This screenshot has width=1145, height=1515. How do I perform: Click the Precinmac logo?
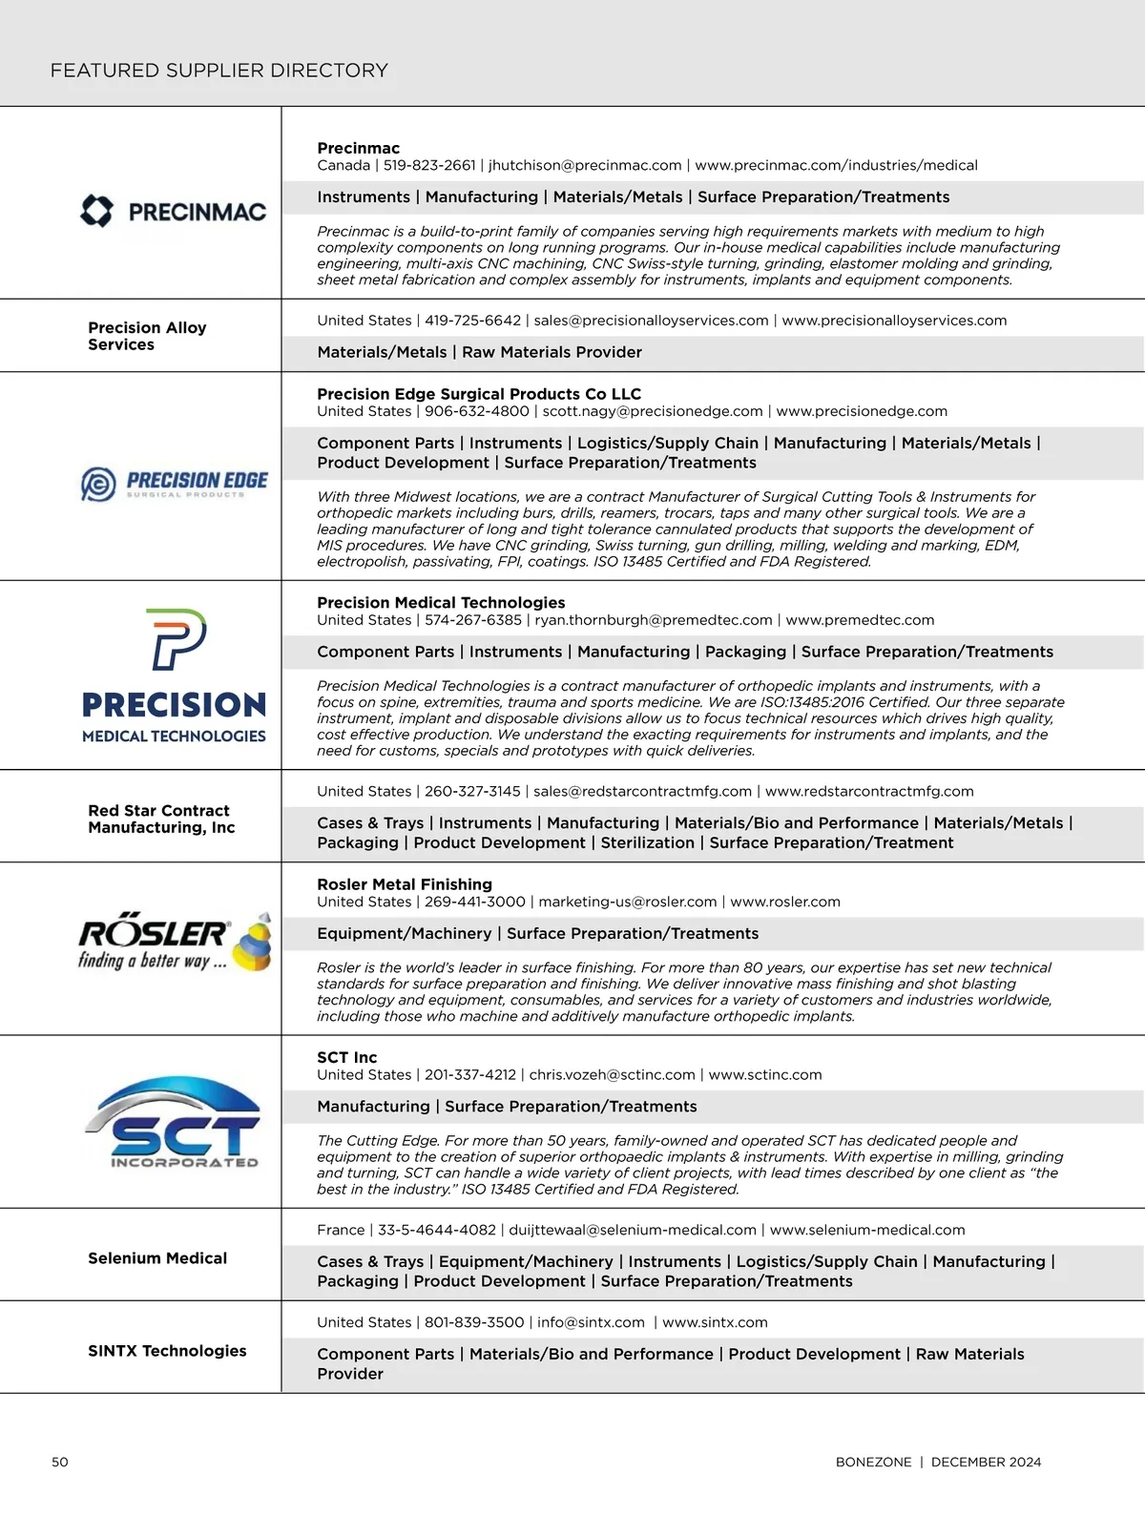coord(174,211)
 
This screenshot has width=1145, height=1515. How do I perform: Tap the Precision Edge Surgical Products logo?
coord(175,484)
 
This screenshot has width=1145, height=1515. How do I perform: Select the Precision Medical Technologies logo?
coord(174,675)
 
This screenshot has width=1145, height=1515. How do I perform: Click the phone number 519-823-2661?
coord(429,165)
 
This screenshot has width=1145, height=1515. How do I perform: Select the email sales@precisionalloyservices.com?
coord(651,321)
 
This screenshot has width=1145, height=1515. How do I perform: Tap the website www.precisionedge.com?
coord(862,411)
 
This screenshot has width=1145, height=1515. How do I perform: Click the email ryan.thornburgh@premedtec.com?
coord(654,620)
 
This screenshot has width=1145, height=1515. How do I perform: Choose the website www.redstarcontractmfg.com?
coord(869,791)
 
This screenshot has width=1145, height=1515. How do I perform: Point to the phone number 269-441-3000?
coord(475,902)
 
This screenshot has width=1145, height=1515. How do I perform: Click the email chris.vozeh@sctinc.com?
coord(612,1074)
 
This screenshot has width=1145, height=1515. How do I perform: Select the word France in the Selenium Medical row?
coord(341,1230)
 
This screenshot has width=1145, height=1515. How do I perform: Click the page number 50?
coord(60,1462)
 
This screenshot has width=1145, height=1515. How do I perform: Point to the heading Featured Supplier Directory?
coord(219,71)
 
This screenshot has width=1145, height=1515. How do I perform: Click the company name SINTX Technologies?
coord(167,1351)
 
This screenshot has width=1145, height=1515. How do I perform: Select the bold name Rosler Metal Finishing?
coord(405,884)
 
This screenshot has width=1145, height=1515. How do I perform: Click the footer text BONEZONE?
coord(873,1462)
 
